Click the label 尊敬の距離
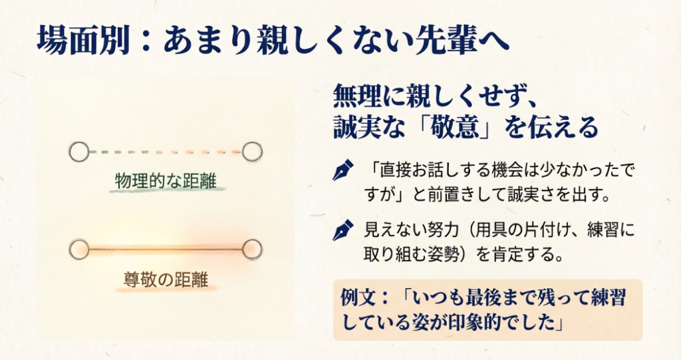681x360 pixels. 166,279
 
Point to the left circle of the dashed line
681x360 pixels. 79,152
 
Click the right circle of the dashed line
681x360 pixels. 252,152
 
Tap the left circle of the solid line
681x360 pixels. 79,250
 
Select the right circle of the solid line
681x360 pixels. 252,250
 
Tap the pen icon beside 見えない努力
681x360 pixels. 343,230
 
